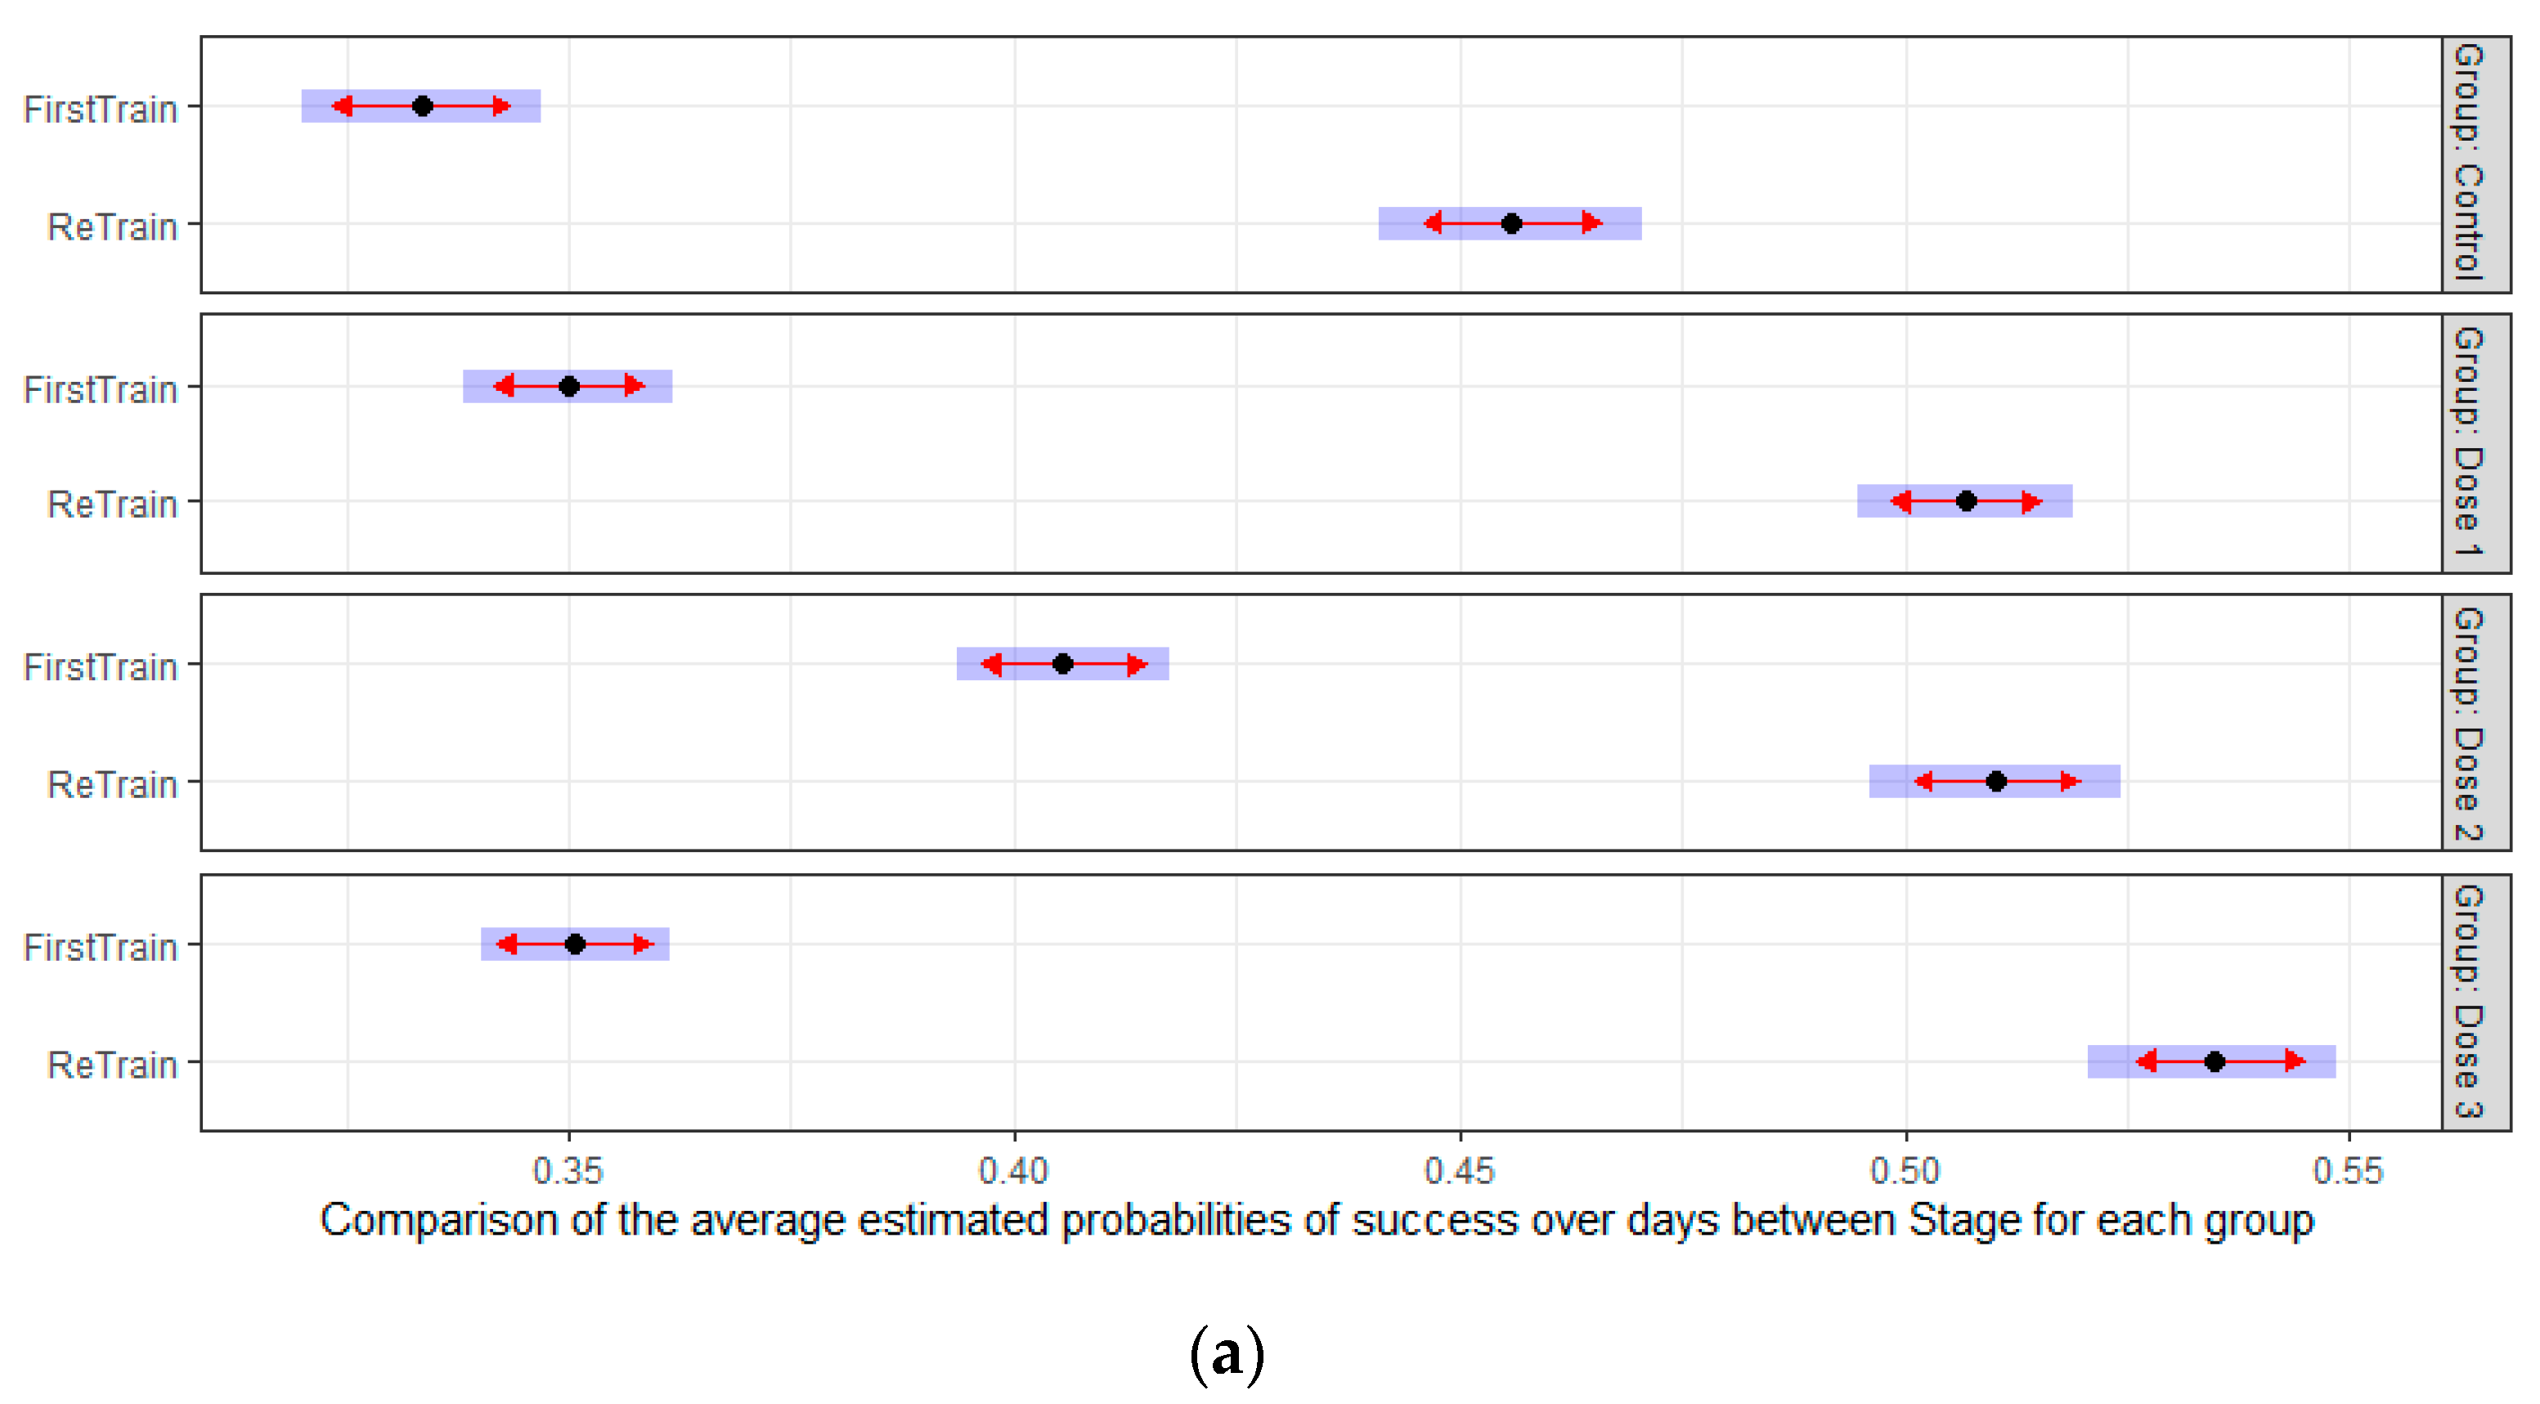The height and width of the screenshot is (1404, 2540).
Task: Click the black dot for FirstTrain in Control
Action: pos(422,105)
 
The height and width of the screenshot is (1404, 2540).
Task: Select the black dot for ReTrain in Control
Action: pos(1511,224)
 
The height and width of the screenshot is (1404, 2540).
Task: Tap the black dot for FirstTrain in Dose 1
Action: pos(569,387)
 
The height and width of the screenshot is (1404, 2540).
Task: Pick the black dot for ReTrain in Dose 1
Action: pos(1966,501)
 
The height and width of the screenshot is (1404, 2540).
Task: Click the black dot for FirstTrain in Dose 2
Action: pos(1063,663)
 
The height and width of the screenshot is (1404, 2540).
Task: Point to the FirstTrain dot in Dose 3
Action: pos(576,944)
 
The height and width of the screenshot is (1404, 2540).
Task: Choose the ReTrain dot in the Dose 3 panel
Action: pos(2215,1062)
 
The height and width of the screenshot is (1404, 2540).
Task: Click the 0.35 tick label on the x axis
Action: pos(568,1171)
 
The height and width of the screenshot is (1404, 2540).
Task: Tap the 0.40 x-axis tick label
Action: pos(1014,1171)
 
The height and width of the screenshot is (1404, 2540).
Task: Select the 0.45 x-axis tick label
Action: pos(1461,1171)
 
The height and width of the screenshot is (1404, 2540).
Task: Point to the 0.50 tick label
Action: pos(1906,1171)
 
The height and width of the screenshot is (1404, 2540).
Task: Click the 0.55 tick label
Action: pos(2349,1171)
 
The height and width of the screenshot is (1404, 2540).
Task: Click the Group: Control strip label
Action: pos(2475,164)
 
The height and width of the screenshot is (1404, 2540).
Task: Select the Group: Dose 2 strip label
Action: pos(2475,723)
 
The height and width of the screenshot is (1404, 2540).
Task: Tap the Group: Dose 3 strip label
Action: pos(2475,1002)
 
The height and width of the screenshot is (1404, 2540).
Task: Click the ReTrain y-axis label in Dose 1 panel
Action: pos(112,504)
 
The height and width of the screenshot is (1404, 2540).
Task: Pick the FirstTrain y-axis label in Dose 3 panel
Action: pos(101,948)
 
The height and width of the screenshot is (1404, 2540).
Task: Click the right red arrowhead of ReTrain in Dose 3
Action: pos(2296,1062)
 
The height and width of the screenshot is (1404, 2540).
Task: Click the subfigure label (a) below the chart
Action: pos(1227,1355)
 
